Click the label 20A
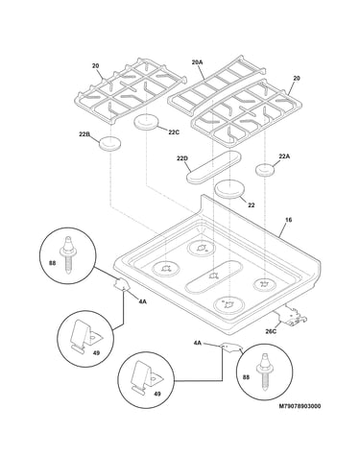click(x=197, y=62)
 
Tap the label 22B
click(x=84, y=134)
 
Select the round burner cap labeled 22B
click(x=110, y=143)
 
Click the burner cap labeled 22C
click(x=146, y=123)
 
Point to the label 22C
click(x=174, y=132)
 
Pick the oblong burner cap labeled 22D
click(x=214, y=167)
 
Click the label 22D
click(x=182, y=158)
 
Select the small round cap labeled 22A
click(x=265, y=170)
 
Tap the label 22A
click(x=284, y=156)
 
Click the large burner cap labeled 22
click(x=230, y=189)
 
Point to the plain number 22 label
click(x=252, y=205)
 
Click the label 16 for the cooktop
click(x=288, y=220)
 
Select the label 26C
click(x=271, y=331)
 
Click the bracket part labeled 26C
click(x=293, y=316)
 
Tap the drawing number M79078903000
click(x=300, y=406)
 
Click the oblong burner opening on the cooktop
click(x=214, y=276)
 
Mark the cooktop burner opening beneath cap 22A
click(x=265, y=284)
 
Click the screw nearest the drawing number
click(x=265, y=372)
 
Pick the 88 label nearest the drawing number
click(x=246, y=377)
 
